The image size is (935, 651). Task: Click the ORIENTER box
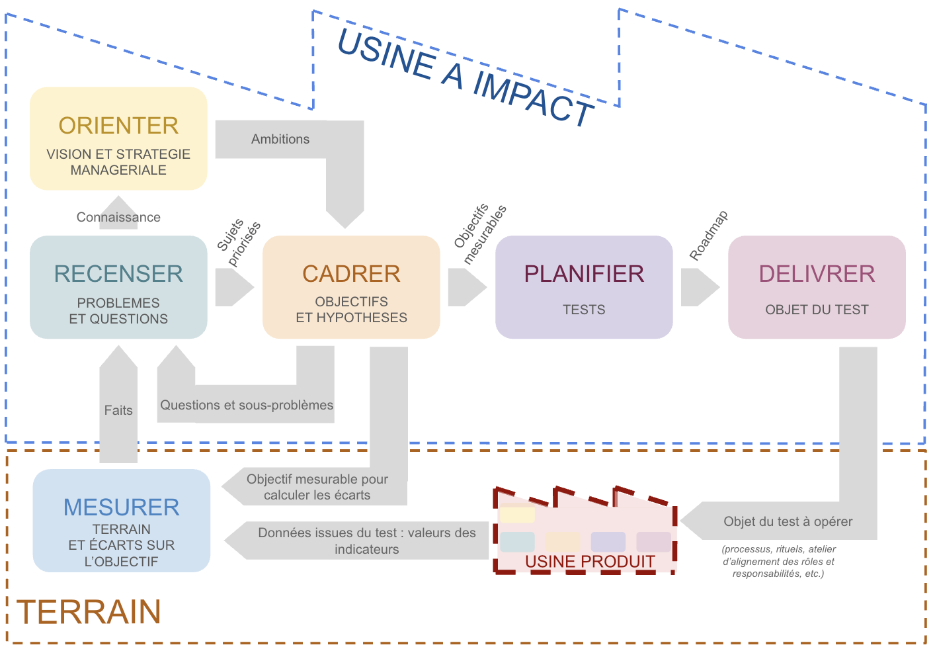(118, 138)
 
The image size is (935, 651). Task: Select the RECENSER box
(118, 287)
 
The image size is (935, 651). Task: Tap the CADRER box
(351, 287)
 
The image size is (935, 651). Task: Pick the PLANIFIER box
(584, 287)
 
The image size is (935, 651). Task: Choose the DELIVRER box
(817, 287)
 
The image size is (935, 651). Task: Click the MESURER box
(122, 521)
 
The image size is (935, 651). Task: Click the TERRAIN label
(89, 612)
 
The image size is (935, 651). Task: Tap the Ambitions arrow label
(280, 139)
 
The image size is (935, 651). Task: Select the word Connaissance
(118, 217)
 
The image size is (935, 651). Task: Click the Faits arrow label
(118, 410)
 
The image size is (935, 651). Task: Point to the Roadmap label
(708, 236)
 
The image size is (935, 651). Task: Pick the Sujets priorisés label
(239, 241)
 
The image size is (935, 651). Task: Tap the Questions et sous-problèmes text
(247, 405)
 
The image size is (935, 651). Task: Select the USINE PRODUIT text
(590, 562)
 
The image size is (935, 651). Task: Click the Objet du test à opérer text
(788, 521)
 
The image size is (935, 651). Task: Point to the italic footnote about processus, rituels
(778, 561)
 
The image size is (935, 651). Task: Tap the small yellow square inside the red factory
(517, 515)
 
